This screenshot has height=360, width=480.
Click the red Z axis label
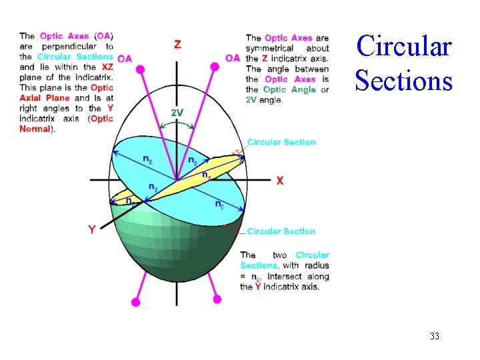[x=177, y=45]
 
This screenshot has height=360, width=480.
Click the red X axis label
[x=280, y=181]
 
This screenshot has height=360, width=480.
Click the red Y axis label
[x=92, y=229]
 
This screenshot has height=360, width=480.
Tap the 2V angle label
[x=177, y=113]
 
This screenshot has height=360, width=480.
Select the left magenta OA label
[x=125, y=59]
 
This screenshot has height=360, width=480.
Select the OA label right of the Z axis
[x=233, y=58]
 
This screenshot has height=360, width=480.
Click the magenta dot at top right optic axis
[x=215, y=66]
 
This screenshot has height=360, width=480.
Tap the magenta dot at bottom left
[x=136, y=302]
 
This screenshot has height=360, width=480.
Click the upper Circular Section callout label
[x=281, y=142]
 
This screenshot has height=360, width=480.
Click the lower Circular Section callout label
[x=281, y=231]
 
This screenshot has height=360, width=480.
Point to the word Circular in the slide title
[x=404, y=47]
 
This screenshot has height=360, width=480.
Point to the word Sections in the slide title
[x=404, y=81]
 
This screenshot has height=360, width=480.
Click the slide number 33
[x=435, y=336]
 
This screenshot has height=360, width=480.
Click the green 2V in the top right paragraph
[x=252, y=100]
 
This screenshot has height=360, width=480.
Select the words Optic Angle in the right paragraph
[x=285, y=89]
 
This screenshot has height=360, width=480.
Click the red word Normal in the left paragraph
[x=35, y=129]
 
